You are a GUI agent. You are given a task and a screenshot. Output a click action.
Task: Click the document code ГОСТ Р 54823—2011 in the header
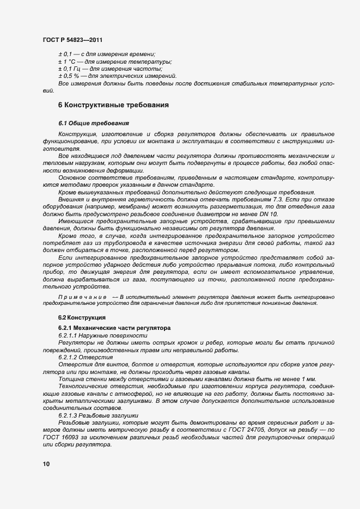72,40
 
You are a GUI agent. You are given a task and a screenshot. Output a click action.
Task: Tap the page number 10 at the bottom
46,463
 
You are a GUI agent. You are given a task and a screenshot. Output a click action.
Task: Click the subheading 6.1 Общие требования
94,124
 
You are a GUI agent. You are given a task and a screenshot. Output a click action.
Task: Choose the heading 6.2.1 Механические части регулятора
114,328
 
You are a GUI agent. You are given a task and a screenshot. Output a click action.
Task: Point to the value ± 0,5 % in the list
69,76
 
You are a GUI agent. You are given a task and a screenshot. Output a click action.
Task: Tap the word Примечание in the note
82,297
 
